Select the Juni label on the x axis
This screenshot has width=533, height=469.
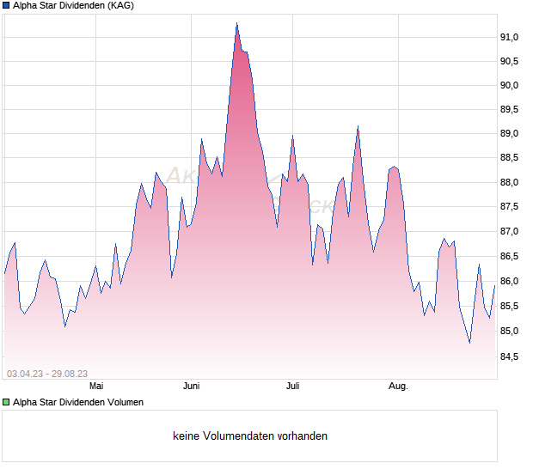(x=191, y=387)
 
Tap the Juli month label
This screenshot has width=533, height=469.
(x=294, y=387)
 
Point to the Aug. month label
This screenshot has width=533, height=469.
(x=397, y=387)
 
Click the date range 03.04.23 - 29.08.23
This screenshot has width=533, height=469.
(x=47, y=374)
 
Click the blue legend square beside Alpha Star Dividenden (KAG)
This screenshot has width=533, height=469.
(x=6, y=6)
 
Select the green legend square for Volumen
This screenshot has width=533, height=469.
(x=6, y=402)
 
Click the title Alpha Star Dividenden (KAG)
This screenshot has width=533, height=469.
(x=73, y=6)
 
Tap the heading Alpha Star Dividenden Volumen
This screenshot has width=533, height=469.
(x=78, y=402)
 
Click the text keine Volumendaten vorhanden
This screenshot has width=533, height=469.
(x=250, y=436)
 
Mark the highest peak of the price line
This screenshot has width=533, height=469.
(x=236, y=23)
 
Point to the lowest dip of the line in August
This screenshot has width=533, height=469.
(x=469, y=343)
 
